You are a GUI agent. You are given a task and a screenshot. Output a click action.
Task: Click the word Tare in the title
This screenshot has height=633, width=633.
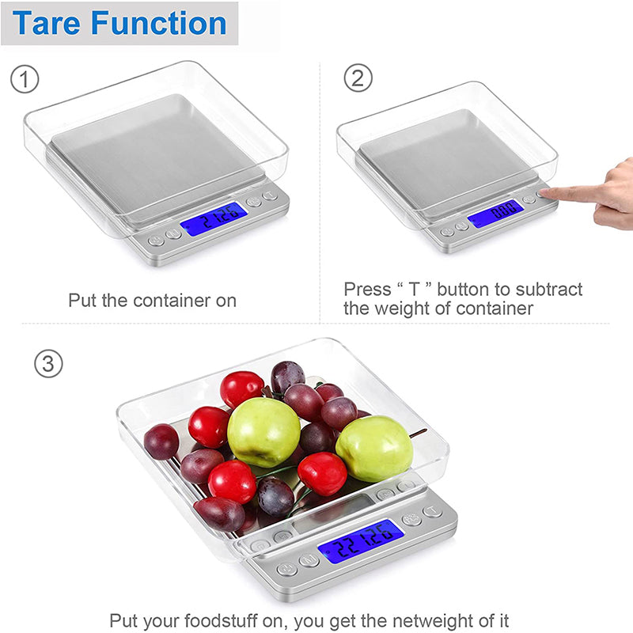47,23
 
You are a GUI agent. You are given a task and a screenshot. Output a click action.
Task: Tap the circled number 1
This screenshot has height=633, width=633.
25,79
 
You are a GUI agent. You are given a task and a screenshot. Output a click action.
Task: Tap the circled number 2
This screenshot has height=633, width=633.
357,78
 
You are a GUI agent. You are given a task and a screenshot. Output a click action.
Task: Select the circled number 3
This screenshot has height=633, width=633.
48,363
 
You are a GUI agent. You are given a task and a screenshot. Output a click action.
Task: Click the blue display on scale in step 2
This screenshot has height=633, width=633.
495,212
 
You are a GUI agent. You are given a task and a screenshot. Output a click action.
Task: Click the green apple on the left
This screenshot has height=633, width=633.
263,432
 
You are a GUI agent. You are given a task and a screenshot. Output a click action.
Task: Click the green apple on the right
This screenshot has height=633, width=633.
373,449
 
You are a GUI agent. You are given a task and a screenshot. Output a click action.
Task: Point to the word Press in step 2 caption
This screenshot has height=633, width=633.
366,290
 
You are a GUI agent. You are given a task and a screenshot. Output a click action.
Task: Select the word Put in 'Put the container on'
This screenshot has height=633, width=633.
81,301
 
